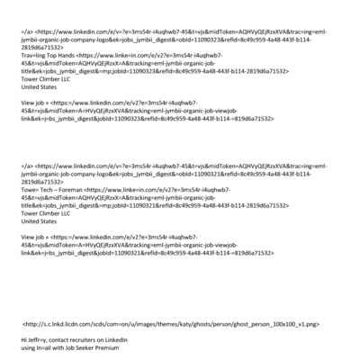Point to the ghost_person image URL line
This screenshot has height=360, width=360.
point(170,321)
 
